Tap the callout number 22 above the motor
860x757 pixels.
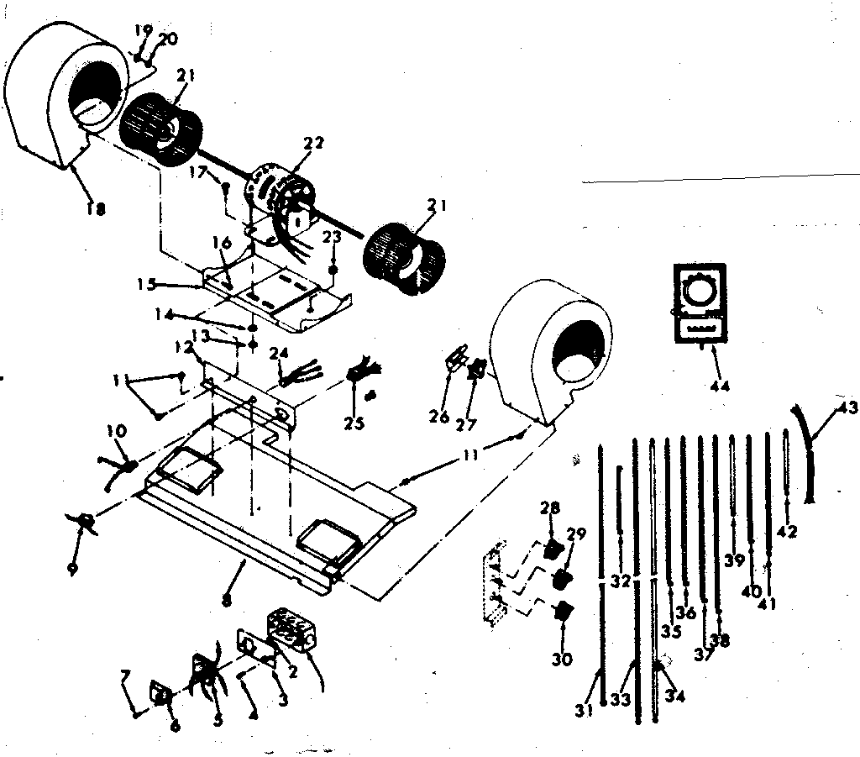pyautogui.click(x=313, y=144)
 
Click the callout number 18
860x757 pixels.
pyautogui.click(x=95, y=210)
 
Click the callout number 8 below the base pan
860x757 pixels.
pyautogui.click(x=226, y=602)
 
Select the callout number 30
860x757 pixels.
pyautogui.click(x=562, y=660)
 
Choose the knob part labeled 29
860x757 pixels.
pyautogui.click(x=562, y=580)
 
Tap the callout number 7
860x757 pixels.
pyautogui.click(x=125, y=676)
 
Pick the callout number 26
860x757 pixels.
pyautogui.click(x=439, y=417)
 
